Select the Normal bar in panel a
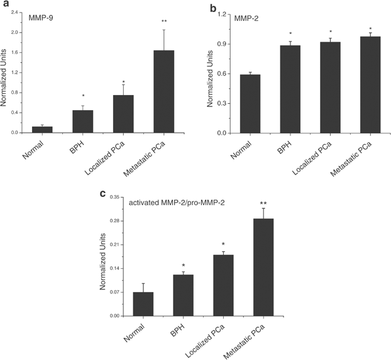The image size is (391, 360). click(x=43, y=129)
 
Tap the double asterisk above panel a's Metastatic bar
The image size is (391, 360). click(x=164, y=22)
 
